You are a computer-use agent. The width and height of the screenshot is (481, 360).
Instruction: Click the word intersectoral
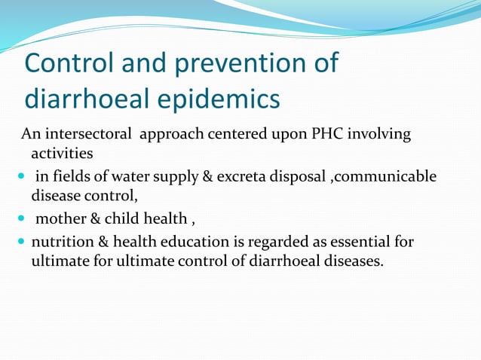[x=90, y=135]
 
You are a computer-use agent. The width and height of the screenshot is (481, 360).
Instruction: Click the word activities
[x=62, y=154]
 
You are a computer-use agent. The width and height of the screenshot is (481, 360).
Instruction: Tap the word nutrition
[x=63, y=242]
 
